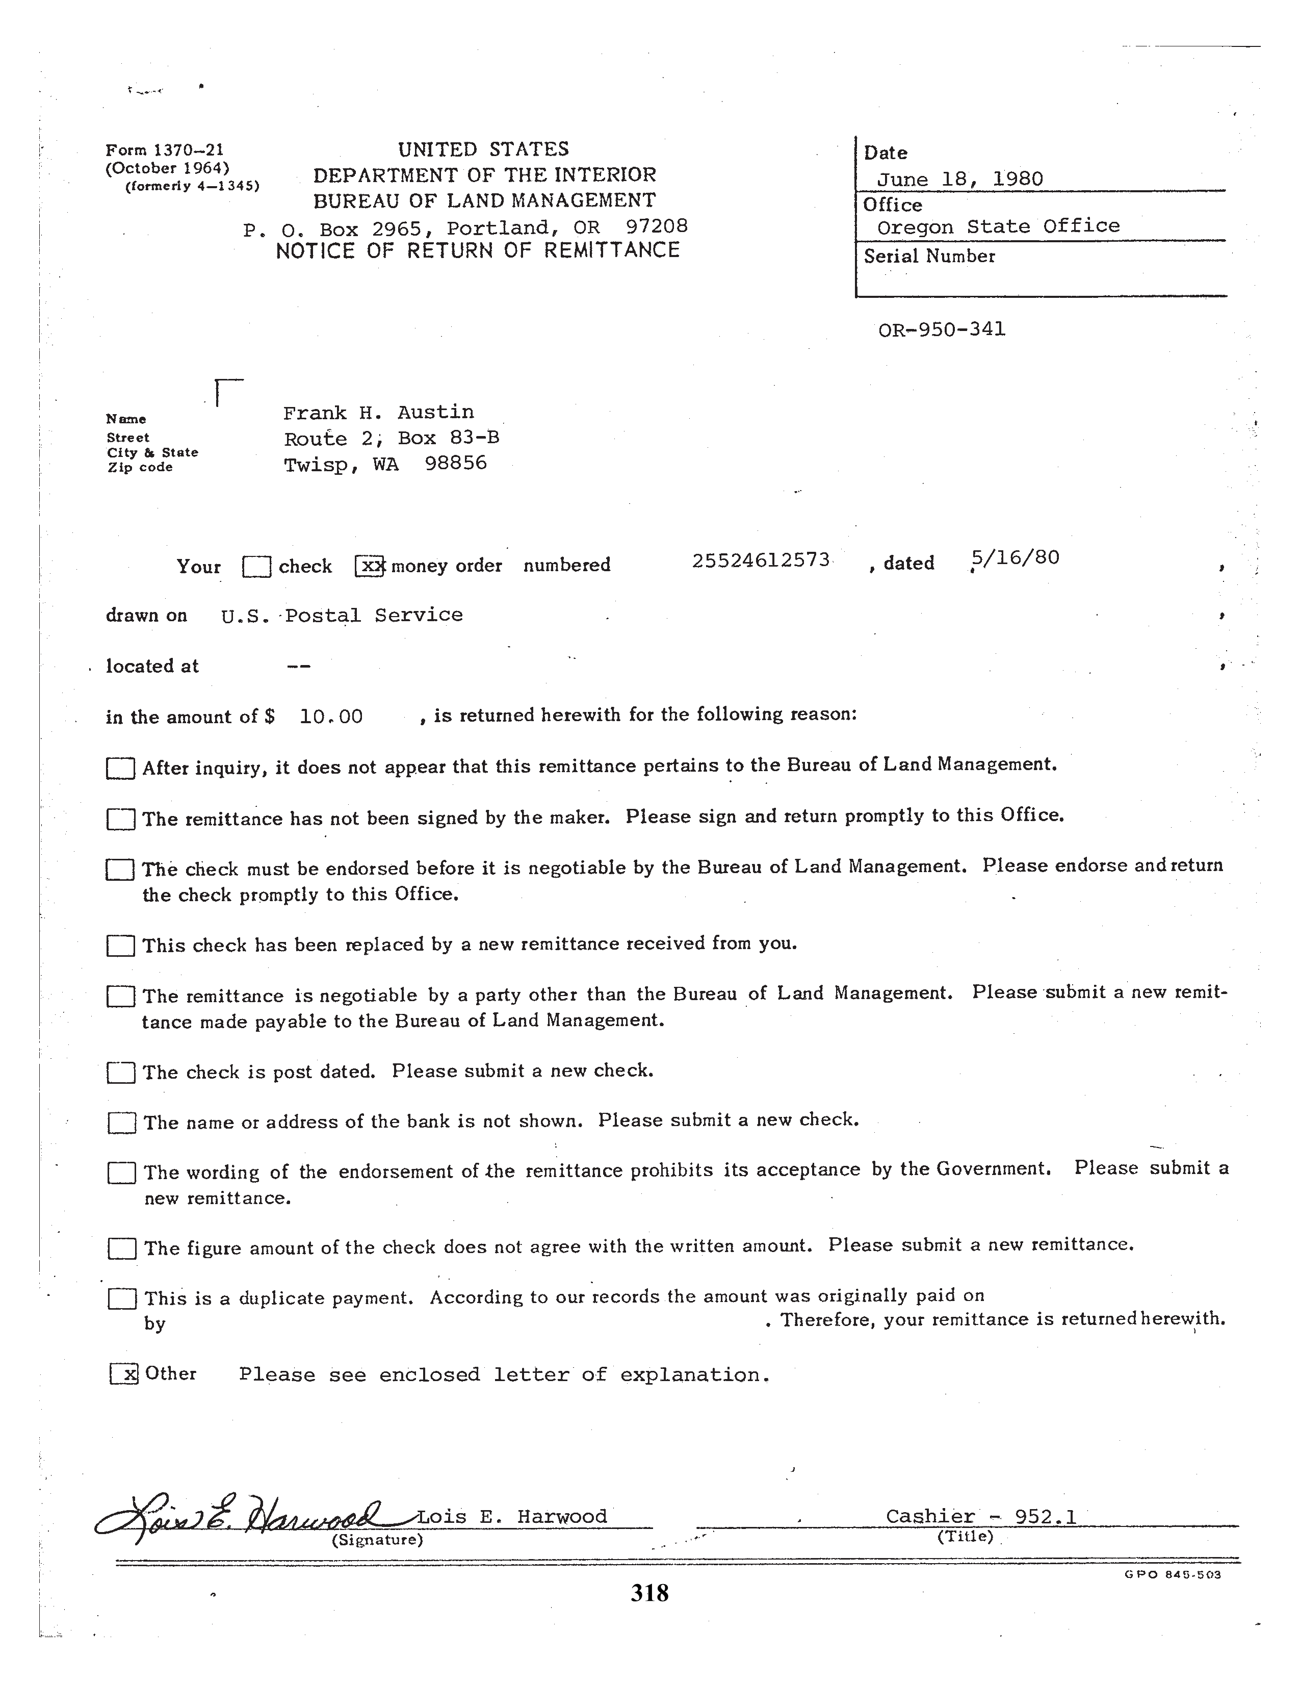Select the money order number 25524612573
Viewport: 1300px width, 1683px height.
(x=760, y=560)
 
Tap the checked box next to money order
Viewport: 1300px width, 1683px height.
(x=370, y=567)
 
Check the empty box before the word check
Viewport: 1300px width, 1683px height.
(x=256, y=567)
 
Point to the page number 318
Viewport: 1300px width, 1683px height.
(x=649, y=1592)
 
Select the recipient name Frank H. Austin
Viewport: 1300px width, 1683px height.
(x=378, y=413)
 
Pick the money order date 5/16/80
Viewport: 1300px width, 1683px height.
(x=1016, y=557)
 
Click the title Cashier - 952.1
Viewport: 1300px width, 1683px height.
(x=980, y=1517)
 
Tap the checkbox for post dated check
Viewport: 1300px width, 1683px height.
(x=121, y=1073)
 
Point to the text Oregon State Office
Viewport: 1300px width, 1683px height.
(x=998, y=226)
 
